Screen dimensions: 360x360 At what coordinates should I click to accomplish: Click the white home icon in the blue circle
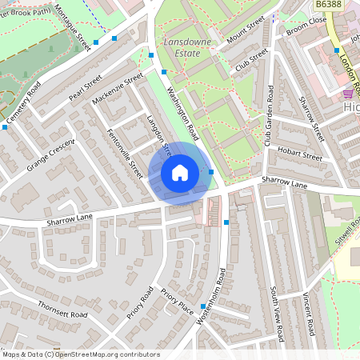(179, 173)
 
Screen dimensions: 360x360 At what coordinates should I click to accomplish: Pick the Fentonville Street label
(124, 154)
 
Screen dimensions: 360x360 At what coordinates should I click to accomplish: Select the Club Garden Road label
(269, 117)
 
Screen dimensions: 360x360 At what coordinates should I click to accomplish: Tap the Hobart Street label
(299, 154)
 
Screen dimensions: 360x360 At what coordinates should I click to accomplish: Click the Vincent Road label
(308, 314)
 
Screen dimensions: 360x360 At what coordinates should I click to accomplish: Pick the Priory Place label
(177, 302)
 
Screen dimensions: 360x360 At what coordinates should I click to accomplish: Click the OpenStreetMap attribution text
(81, 354)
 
